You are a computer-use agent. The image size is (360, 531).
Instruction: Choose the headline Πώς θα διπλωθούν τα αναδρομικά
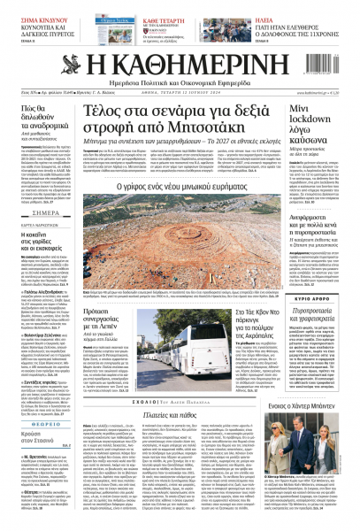(43, 120)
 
